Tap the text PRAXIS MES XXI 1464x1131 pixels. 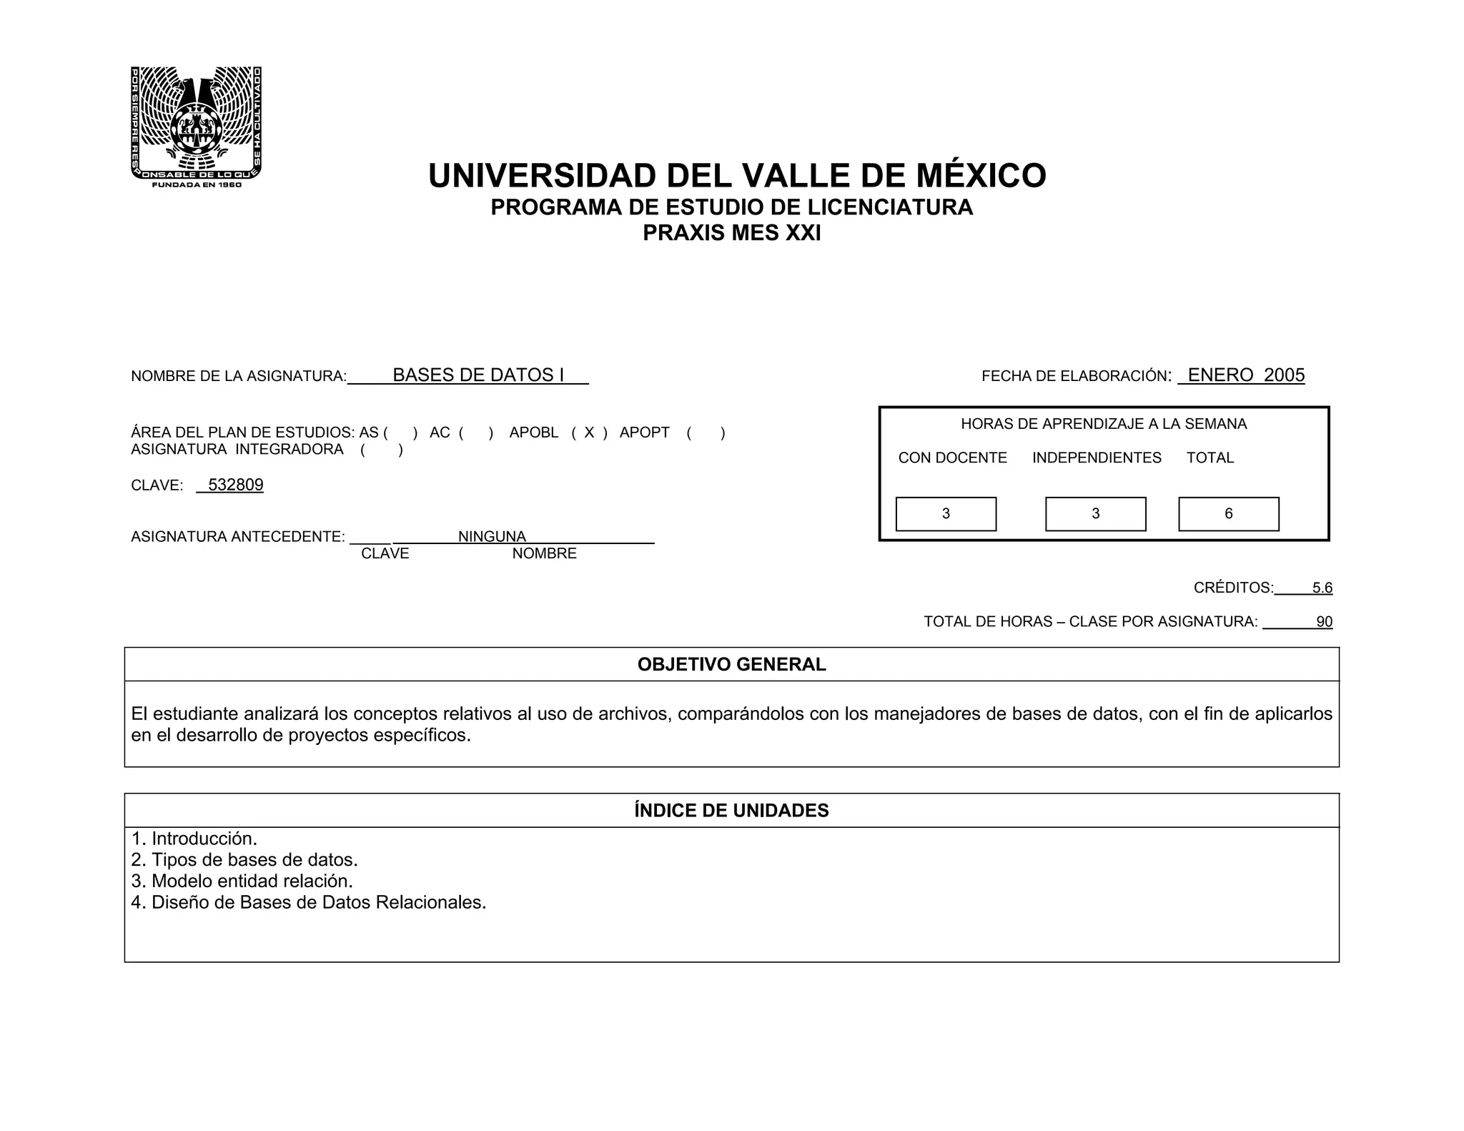pos(731,233)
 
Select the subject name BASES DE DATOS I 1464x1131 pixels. pos(478,375)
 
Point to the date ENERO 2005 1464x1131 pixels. pos(1245,375)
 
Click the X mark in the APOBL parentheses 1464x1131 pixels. pos(589,433)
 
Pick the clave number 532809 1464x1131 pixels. pos(235,485)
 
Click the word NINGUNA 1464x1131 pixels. pos(492,536)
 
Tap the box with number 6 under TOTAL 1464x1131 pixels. pos(1228,514)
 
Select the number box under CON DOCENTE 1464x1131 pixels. pos(946,514)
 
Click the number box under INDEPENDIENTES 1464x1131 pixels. pos(1095,514)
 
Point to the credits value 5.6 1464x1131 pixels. pos(1322,588)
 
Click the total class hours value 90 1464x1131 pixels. pos(1324,622)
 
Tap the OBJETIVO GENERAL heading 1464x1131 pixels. pos(731,665)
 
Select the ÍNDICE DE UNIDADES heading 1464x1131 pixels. pos(731,811)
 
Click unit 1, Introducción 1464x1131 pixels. pos(194,839)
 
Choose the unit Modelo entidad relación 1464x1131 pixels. pos(242,881)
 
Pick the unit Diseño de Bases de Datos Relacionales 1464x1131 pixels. pos(309,902)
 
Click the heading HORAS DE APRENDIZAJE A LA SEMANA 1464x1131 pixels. pos(1103,424)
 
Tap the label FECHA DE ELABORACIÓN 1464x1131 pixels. pos(1076,376)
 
